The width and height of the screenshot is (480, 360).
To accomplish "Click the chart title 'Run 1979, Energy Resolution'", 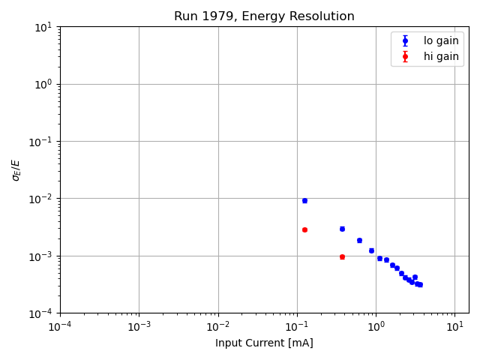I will pos(264,16).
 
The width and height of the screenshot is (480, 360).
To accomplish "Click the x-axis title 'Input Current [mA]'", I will pos(264,343).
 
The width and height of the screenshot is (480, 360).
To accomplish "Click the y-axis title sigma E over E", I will pos(16,169).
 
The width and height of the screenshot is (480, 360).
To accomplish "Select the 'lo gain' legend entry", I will pos(441,41).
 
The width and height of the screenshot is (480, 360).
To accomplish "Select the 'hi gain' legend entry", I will pos(441,56).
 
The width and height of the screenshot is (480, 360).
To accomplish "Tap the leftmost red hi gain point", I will pos(304,229).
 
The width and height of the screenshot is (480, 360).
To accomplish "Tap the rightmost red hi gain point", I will pos(342,256).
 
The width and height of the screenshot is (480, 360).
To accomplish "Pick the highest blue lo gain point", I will pos(304,200).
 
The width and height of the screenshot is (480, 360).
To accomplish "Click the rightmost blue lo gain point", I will pos(420,284).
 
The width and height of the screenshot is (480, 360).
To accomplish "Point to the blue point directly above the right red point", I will pos(342,229).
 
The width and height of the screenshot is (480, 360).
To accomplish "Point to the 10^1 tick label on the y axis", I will pos(43,27).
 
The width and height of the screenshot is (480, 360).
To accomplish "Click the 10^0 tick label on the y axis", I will pos(43,84).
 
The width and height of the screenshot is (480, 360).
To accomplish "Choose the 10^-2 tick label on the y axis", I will pos(42,199).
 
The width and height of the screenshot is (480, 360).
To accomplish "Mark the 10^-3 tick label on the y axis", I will pos(42,256).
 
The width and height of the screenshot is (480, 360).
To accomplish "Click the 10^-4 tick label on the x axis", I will pos(60,327).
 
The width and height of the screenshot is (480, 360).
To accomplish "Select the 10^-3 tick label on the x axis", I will pos(139,327).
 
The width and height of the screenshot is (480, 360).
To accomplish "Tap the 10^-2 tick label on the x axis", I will pos(218,327).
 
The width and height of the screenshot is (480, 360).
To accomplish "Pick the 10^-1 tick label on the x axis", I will pos(297,327).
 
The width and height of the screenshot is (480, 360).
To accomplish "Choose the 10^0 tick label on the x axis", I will pos(376,327).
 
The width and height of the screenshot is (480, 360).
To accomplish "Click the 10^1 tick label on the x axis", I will pos(454,327).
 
